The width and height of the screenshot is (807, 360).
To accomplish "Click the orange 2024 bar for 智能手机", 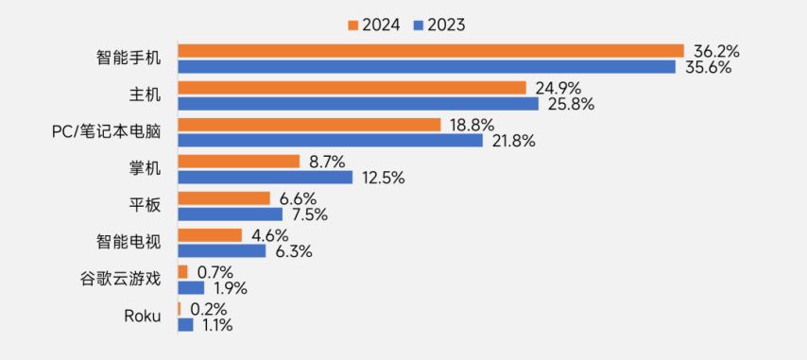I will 430,50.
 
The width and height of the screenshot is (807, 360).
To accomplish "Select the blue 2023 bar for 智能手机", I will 426,66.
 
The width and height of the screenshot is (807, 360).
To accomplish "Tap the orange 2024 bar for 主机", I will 352,88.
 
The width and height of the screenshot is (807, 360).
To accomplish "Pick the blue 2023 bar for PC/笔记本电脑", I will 330,141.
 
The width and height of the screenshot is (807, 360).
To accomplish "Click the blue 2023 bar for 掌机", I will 265,178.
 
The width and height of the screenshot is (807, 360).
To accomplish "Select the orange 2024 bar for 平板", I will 224,198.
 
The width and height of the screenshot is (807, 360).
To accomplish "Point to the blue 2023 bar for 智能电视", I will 221,251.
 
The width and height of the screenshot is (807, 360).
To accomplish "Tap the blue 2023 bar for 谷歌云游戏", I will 191,287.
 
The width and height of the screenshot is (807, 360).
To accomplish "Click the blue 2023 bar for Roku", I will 185,324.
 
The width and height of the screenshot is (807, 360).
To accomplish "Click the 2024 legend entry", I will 378,25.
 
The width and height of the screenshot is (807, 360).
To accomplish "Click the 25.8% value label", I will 571,104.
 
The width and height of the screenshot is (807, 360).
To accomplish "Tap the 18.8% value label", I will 472,125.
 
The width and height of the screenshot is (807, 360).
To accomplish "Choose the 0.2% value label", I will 208,309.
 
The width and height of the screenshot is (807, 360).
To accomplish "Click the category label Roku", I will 142,316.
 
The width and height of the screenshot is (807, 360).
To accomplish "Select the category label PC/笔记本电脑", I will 106,132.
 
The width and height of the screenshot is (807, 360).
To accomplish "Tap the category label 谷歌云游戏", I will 120,279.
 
